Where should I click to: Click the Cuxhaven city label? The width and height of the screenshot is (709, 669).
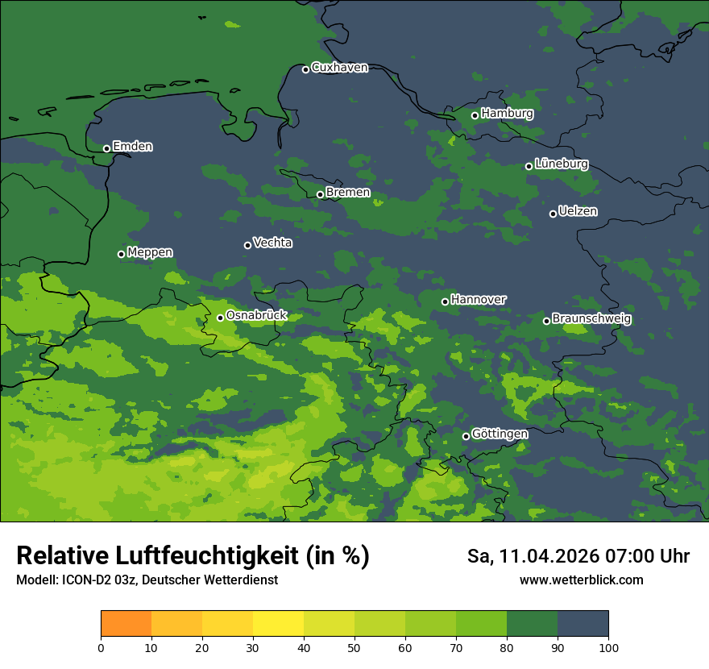pyautogui.click(x=339, y=68)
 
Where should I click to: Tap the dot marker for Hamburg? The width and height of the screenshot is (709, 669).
pyautogui.click(x=475, y=115)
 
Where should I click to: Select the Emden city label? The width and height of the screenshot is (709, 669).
pyautogui.click(x=132, y=147)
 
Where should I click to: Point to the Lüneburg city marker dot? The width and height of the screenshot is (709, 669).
pyautogui.click(x=529, y=166)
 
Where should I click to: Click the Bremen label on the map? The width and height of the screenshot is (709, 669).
pyautogui.click(x=348, y=193)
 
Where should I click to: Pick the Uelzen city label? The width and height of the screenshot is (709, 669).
pyautogui.click(x=578, y=211)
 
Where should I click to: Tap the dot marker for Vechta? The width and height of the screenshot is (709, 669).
pyautogui.click(x=247, y=245)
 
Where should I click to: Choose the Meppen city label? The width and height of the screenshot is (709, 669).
pyautogui.click(x=150, y=252)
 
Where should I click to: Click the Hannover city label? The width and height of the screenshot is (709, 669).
pyautogui.click(x=479, y=300)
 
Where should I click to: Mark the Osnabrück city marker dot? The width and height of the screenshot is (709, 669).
pyautogui.click(x=220, y=318)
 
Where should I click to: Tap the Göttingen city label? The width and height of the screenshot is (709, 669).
pyautogui.click(x=500, y=434)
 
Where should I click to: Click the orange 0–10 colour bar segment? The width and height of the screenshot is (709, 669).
pyautogui.click(x=126, y=624)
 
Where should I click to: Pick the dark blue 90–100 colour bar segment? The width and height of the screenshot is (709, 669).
pyautogui.click(x=583, y=624)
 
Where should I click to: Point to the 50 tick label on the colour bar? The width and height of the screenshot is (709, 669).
pyautogui.click(x=354, y=647)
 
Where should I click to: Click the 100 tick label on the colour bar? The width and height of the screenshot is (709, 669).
pyautogui.click(x=608, y=647)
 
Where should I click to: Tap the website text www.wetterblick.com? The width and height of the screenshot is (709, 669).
pyautogui.click(x=581, y=580)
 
